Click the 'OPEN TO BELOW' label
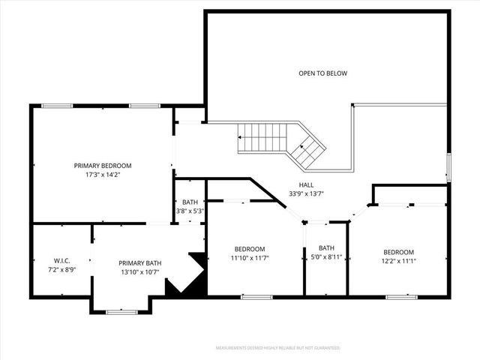pos(323,73)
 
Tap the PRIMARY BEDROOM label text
pos(103,166)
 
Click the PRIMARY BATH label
pos(140,262)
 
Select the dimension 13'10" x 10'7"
pos(140,271)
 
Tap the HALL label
pos(306,184)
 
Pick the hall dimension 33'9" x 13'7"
pos(306,193)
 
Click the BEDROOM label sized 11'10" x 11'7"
pos(249,249)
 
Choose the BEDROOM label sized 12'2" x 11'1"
pos(398,252)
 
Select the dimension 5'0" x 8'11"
pos(326,257)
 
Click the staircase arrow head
pos(241,138)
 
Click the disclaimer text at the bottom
pos(277,348)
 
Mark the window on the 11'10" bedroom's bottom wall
pos(256,297)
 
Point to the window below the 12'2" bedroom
pos(401,297)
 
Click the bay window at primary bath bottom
pos(121,311)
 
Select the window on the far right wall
pos(448,167)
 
